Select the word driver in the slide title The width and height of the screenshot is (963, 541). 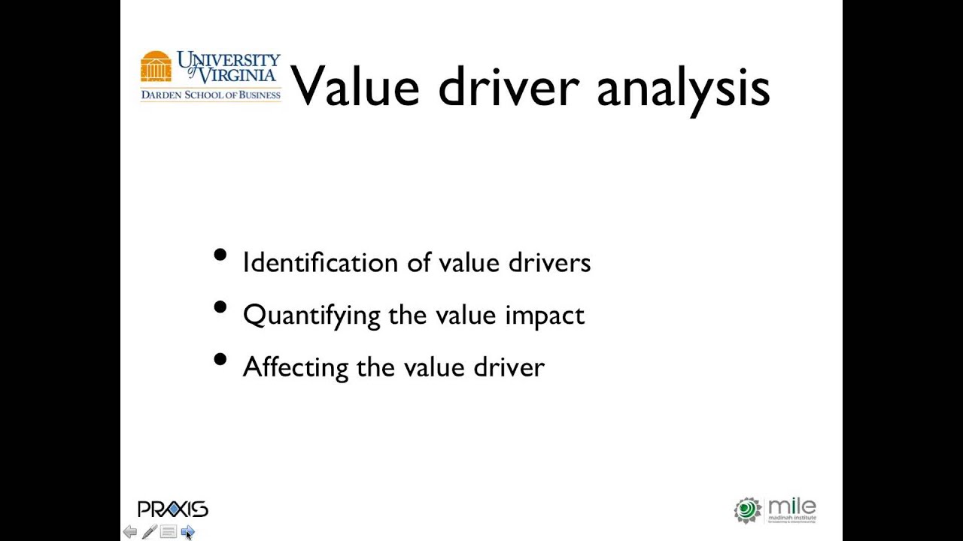tap(508, 86)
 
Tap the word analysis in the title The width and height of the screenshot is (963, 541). tap(683, 89)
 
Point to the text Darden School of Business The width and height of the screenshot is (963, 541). tap(211, 95)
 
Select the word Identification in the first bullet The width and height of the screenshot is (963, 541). tap(309, 262)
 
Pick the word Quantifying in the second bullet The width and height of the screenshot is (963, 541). tap(311, 316)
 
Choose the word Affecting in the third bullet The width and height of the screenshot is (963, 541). tap(295, 367)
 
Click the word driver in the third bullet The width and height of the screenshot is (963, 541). tap(509, 367)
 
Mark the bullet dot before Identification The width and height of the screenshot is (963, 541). tap(220, 255)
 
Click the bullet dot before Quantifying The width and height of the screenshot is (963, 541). tap(220, 307)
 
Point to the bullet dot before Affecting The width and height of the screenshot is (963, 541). tap(220, 359)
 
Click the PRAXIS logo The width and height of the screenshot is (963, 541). tap(172, 509)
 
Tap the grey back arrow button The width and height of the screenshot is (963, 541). tap(130, 532)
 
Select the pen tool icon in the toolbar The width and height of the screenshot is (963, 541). tap(149, 532)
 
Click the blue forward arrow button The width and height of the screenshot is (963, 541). tap(187, 532)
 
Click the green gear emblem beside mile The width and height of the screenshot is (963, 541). tap(747, 510)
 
